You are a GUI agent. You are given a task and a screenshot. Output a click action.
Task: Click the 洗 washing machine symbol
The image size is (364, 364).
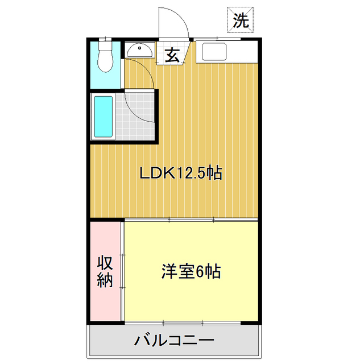tap(241, 20)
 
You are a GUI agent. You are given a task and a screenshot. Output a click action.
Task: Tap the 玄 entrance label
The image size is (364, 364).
tap(172, 56)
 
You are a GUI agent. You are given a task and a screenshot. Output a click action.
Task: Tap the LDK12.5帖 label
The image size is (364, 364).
tap(181, 173)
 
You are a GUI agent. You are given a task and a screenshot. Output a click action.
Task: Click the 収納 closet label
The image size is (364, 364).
tap(105, 272)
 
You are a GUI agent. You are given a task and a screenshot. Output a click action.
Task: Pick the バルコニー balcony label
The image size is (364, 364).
tap(174, 341)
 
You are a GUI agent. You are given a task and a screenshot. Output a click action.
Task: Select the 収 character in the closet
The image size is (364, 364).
tap(105, 263)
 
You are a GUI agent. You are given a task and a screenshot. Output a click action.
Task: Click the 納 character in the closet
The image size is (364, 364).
tap(105, 280)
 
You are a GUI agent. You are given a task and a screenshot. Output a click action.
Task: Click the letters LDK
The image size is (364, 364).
tap(156, 173)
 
